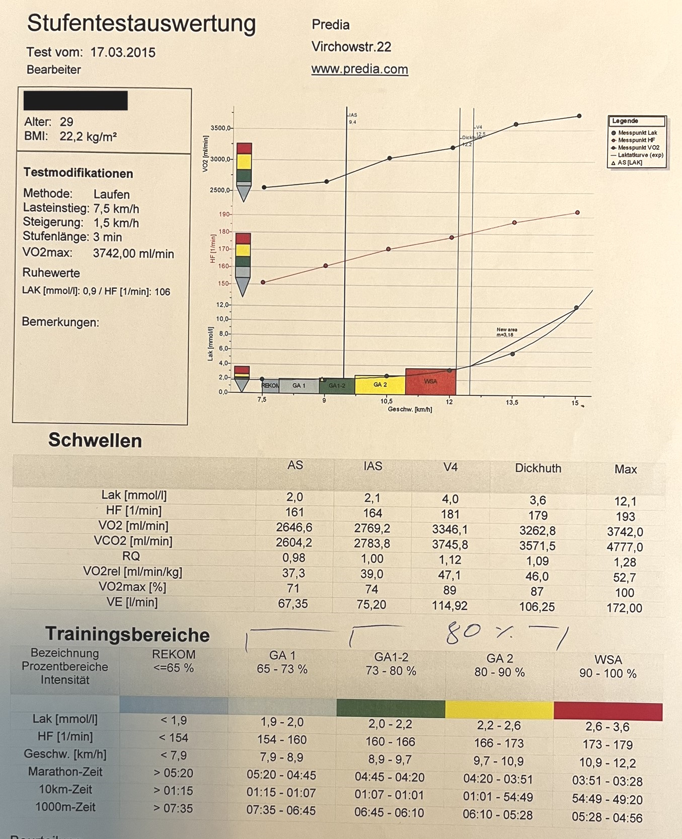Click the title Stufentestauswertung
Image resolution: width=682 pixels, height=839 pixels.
(x=141, y=24)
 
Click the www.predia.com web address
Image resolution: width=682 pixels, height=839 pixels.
(x=359, y=69)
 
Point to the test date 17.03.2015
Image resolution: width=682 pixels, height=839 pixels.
(x=123, y=52)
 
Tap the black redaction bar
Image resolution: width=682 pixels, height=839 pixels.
(x=75, y=100)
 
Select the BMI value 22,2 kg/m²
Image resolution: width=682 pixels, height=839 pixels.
(x=88, y=136)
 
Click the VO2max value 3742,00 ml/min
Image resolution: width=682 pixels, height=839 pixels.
(x=133, y=253)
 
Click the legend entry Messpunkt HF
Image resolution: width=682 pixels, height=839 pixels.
(x=636, y=140)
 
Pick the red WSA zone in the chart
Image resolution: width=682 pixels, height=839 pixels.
(x=430, y=382)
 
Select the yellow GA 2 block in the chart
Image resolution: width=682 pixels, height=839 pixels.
(x=380, y=385)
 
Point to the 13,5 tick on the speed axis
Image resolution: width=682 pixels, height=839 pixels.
(x=512, y=402)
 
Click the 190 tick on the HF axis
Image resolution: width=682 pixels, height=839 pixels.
(x=224, y=215)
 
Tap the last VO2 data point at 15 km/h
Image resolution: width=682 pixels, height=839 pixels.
(x=579, y=116)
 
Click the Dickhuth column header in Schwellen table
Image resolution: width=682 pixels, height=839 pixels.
(x=538, y=468)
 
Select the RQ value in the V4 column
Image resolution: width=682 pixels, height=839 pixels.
(x=450, y=560)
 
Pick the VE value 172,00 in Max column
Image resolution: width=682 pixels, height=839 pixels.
(x=624, y=608)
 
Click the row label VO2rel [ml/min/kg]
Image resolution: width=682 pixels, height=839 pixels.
(x=132, y=572)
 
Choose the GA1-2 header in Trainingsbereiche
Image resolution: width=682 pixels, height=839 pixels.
(x=391, y=657)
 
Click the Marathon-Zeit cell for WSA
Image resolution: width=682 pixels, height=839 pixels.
(x=607, y=781)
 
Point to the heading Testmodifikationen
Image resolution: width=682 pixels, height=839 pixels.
(x=79, y=173)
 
